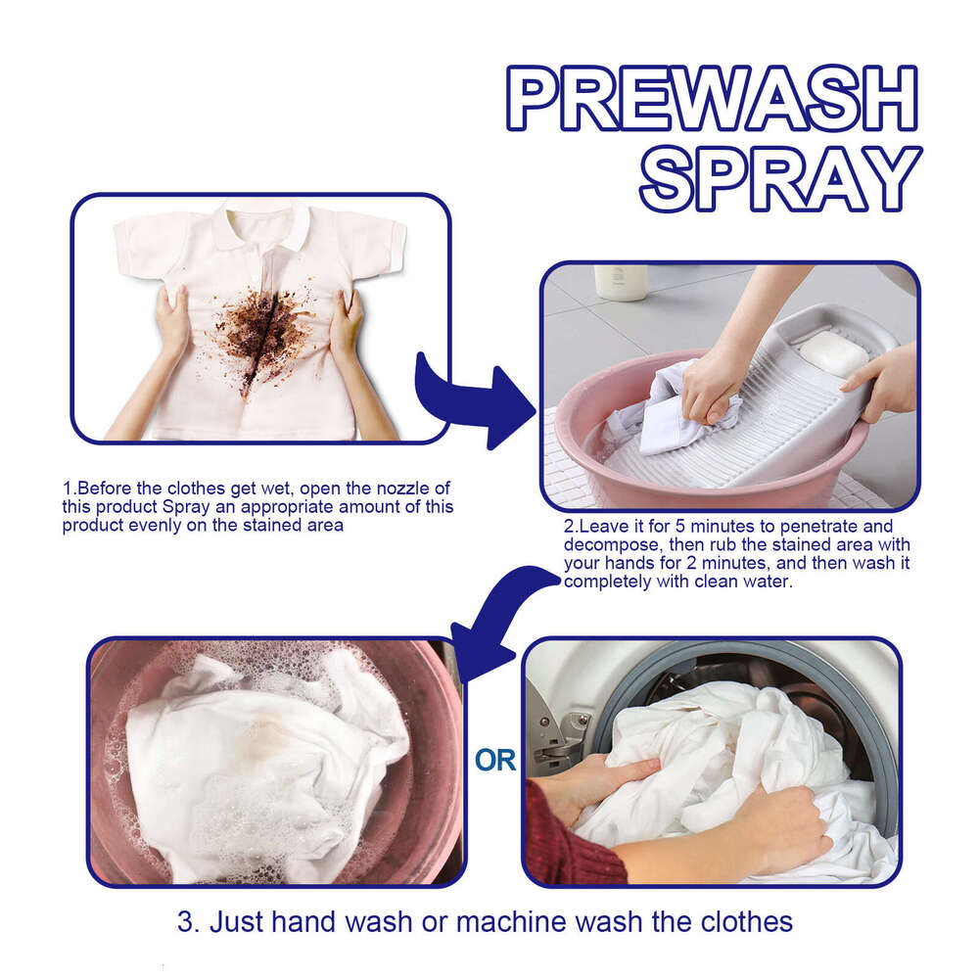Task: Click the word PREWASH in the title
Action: coord(712,100)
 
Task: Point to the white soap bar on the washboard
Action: coord(832,352)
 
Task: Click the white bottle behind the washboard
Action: coord(621,282)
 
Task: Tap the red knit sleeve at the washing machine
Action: coord(568,842)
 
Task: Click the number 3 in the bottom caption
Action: coord(185,922)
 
